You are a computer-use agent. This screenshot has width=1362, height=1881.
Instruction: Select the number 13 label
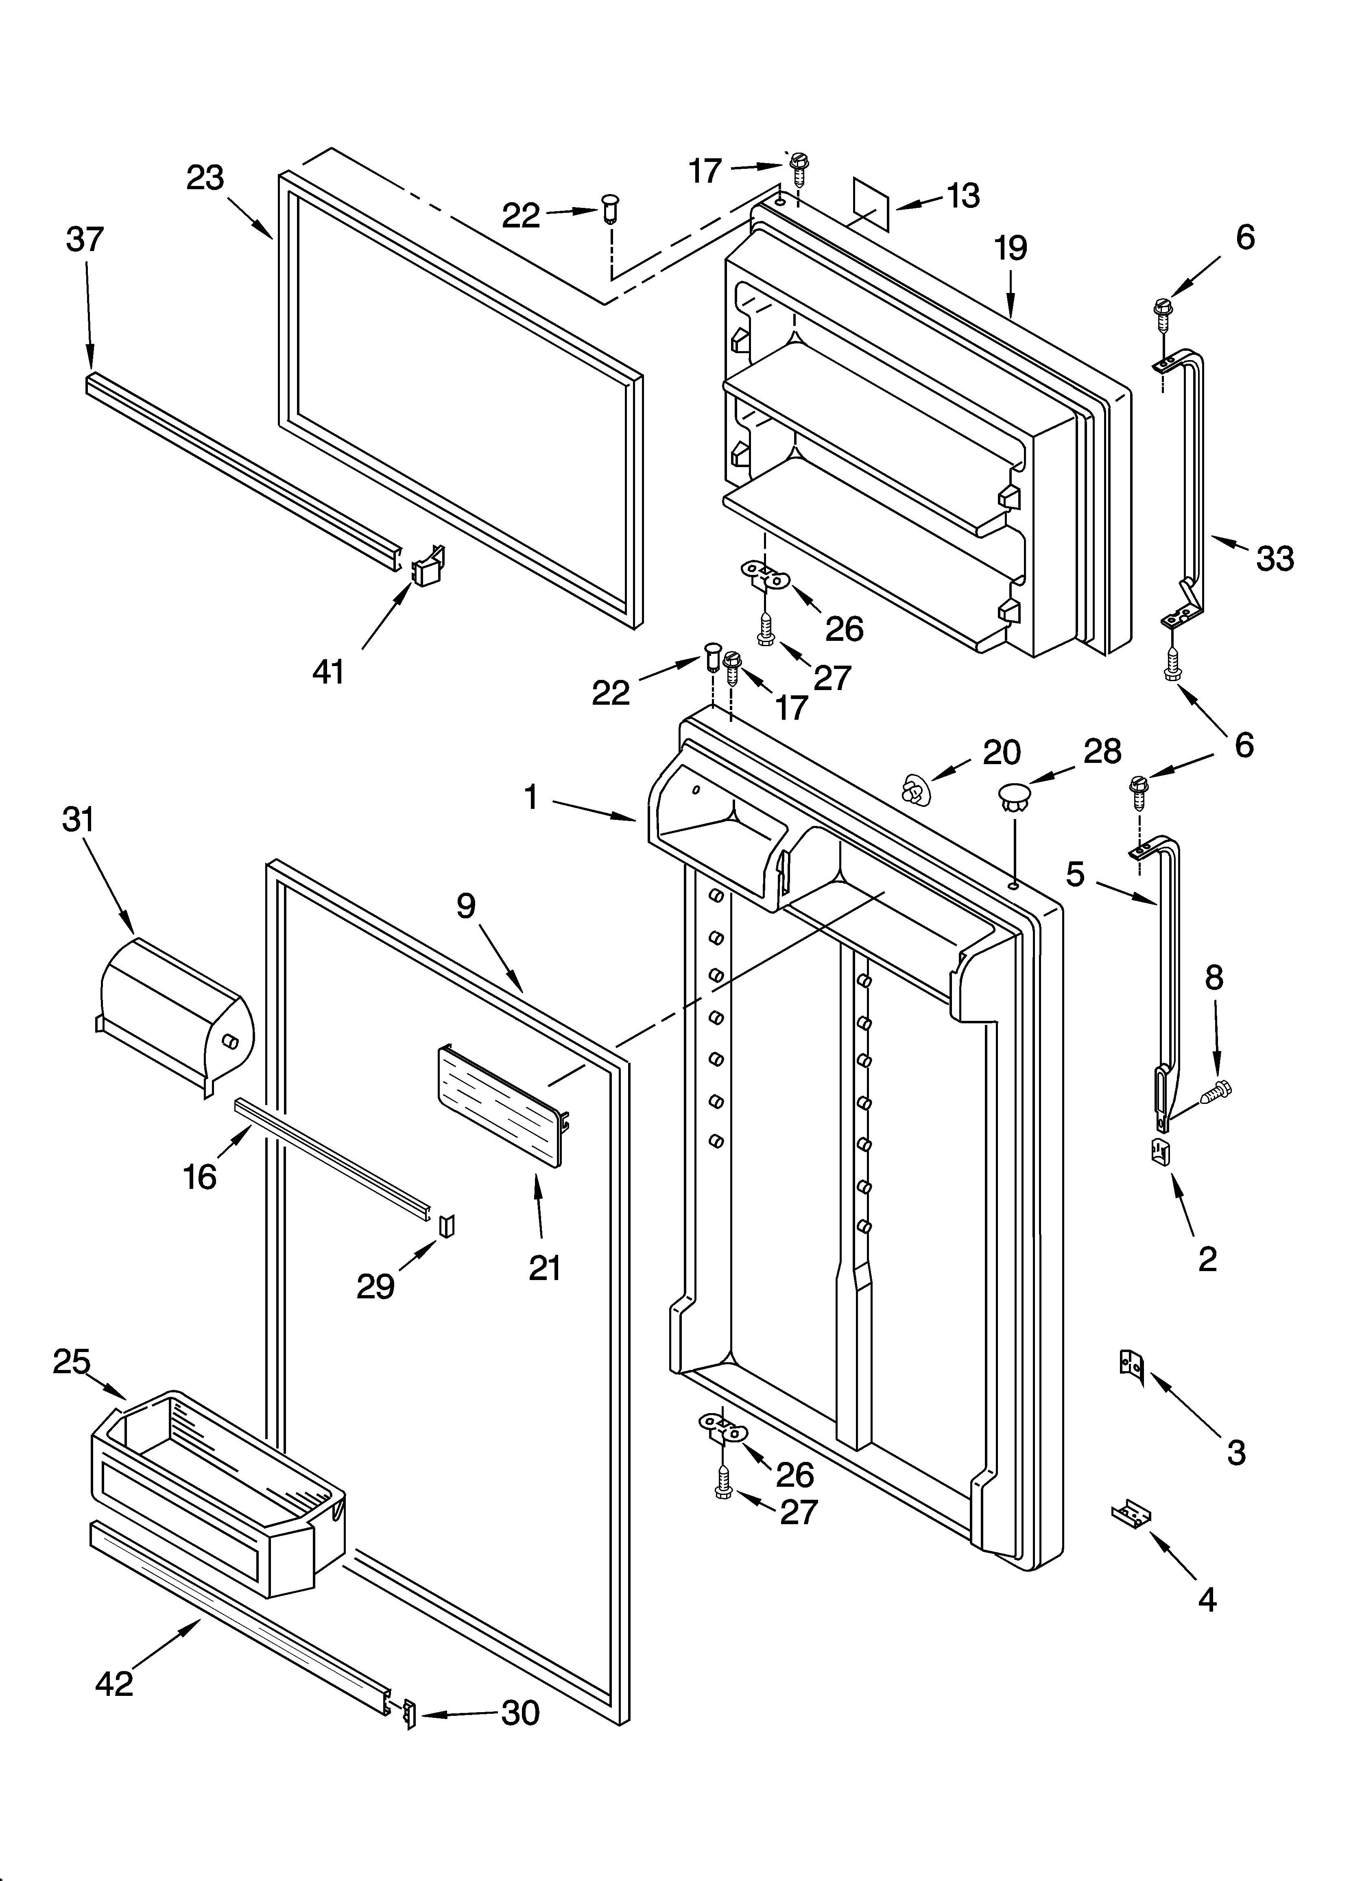point(963,196)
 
